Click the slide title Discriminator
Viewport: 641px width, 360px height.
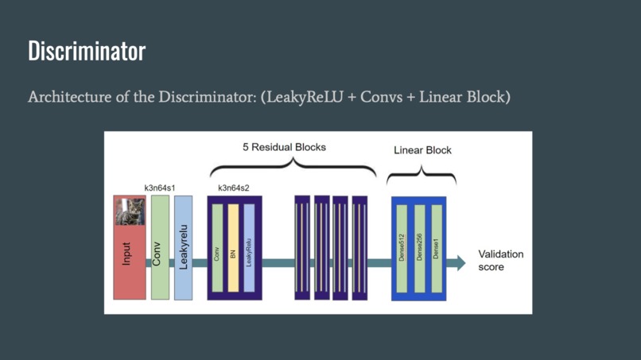click(x=87, y=51)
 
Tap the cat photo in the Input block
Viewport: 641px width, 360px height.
click(x=130, y=211)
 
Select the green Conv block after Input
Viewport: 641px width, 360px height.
click(x=160, y=248)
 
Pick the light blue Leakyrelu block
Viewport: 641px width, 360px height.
click(x=183, y=248)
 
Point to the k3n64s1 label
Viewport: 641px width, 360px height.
click(x=160, y=188)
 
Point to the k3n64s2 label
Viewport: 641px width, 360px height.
click(x=234, y=188)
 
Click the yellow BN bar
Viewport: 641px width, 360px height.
click(x=233, y=248)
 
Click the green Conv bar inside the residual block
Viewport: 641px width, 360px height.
click(x=217, y=248)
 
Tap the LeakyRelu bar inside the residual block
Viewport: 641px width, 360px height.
click(x=249, y=248)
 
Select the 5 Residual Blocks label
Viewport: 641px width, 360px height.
click(x=284, y=147)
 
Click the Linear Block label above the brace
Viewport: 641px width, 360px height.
click(x=422, y=150)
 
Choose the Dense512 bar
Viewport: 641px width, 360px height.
click(x=402, y=248)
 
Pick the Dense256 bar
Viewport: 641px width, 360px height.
click(x=419, y=248)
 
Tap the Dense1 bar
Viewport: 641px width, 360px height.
click(x=436, y=248)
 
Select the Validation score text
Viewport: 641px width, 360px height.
click(x=500, y=261)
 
